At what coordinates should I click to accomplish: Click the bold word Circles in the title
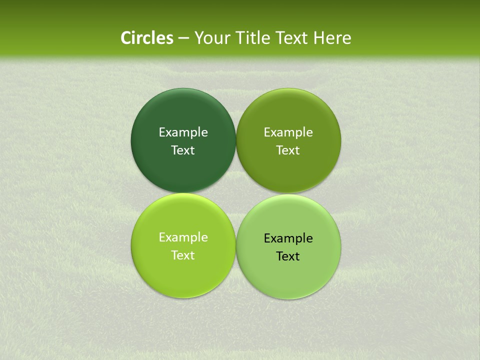click(x=147, y=38)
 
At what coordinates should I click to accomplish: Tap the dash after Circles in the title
click(x=183, y=38)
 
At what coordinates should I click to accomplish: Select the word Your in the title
click(x=210, y=38)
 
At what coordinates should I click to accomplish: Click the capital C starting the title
click(x=126, y=38)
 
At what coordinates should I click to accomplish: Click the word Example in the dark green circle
click(x=183, y=132)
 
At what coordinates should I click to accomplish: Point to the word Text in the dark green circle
click(x=183, y=150)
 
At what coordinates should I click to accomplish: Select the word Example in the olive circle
click(x=288, y=132)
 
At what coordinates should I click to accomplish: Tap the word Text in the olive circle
click(x=288, y=150)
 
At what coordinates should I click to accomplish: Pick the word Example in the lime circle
click(x=183, y=237)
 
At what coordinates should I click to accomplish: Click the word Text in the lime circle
click(x=183, y=255)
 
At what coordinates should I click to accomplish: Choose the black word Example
click(x=288, y=238)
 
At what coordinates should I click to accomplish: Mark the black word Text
click(x=288, y=256)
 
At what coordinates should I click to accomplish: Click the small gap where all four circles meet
click(x=236, y=193)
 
